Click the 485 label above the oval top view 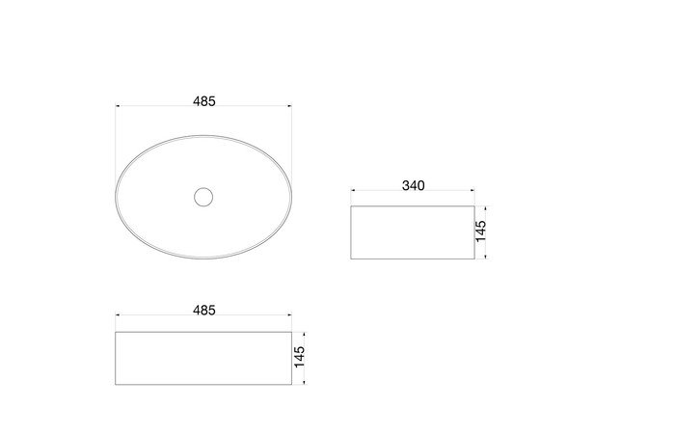pos(204,101)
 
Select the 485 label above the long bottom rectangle pos(204,311)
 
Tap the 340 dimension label pos(414,186)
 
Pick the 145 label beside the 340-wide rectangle pos(481,232)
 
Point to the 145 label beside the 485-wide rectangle pos(299,357)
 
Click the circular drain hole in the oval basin pos(203,197)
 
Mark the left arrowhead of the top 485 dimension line pos(118,105)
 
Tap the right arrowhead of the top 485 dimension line pos(289,105)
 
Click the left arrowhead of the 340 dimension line pos(353,190)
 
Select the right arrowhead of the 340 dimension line pos(472,190)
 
